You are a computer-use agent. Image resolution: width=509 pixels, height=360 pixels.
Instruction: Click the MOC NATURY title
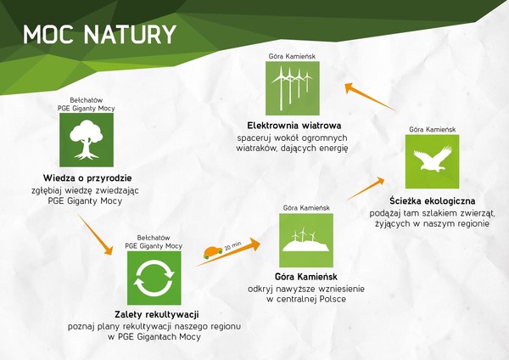pos(99,35)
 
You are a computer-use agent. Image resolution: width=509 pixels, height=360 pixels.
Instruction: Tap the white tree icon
pos(87,140)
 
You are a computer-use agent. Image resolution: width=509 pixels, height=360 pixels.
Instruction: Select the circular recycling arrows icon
pos(154,278)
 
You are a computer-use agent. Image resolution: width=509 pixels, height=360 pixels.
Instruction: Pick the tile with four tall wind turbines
pos(293,88)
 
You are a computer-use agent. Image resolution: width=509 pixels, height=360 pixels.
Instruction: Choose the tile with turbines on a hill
pos(306,240)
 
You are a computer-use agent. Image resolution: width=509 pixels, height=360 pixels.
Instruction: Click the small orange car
pos(213,252)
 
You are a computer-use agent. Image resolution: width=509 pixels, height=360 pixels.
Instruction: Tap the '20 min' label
pos(232,245)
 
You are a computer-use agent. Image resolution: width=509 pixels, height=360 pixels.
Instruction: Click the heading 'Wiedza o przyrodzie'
pos(87,178)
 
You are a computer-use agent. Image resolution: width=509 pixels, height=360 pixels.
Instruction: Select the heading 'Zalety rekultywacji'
pos(157,314)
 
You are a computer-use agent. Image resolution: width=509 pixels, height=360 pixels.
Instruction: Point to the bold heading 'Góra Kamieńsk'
pos(306,277)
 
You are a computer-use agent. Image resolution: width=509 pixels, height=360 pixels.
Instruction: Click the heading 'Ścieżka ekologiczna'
pos(433,200)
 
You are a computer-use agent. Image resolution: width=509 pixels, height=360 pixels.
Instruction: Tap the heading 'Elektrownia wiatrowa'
pos(294,126)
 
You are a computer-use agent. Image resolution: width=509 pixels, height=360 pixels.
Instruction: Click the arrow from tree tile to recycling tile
pos(95,234)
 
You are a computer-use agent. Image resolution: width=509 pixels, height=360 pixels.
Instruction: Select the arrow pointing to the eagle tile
pos(366,188)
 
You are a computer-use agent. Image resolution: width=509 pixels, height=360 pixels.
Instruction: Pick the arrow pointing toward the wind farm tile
pos(371,98)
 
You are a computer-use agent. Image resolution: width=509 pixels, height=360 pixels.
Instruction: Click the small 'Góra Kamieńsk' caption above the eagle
pos(433,129)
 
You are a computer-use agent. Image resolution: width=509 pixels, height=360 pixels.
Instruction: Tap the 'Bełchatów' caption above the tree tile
pos(87,100)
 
